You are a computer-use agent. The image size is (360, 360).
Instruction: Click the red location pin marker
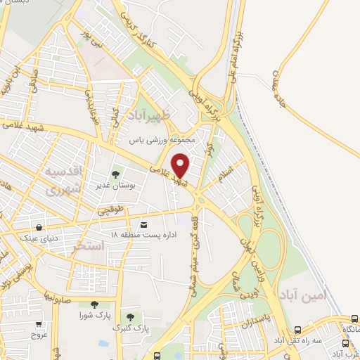[181, 165]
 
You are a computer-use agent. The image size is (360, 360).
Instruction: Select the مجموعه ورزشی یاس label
[164, 140]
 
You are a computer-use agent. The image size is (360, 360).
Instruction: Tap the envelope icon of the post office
[144, 224]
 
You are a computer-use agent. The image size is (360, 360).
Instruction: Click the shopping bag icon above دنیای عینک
[39, 227]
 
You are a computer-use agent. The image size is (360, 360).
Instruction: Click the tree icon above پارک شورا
[94, 304]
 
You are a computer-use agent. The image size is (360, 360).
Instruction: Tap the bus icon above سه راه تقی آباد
[298, 329]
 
